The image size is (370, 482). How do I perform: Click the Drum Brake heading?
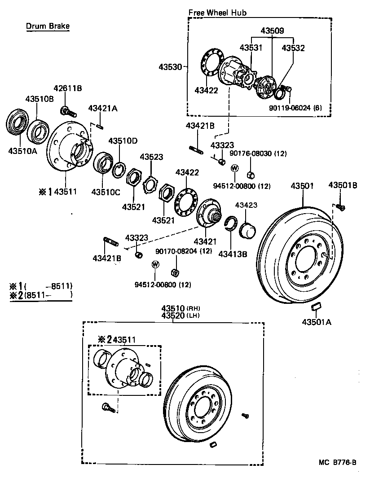pos(47,26)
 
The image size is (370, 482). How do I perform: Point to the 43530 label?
pos(170,67)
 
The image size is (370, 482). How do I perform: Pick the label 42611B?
pos(68,88)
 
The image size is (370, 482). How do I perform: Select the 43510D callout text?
pos(122,141)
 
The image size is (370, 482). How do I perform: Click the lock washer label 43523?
pos(151,157)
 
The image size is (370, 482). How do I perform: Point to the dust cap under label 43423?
pos(248,229)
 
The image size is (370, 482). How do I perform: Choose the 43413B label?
pos(233,254)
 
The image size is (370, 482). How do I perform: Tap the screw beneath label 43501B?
pos(341,206)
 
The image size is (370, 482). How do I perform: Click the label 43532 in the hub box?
pos(293,48)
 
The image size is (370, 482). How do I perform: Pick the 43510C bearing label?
pos(106,192)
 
